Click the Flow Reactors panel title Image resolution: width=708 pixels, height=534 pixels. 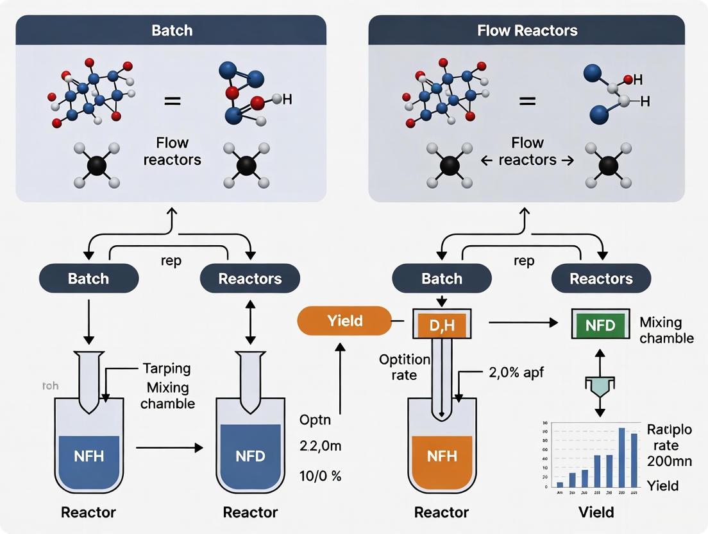point(527,30)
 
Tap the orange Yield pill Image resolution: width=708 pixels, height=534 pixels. point(344,320)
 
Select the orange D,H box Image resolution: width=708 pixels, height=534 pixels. point(441,325)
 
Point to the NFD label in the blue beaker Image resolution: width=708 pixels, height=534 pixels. point(250,457)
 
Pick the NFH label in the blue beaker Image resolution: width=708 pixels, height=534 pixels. point(88,457)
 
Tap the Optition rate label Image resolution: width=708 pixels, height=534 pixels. point(405,366)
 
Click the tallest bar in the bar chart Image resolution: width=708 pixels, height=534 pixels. point(621,458)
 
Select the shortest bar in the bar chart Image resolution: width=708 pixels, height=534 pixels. point(559,484)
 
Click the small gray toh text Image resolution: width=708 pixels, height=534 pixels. point(49,386)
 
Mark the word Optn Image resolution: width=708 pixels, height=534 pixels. point(316,420)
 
